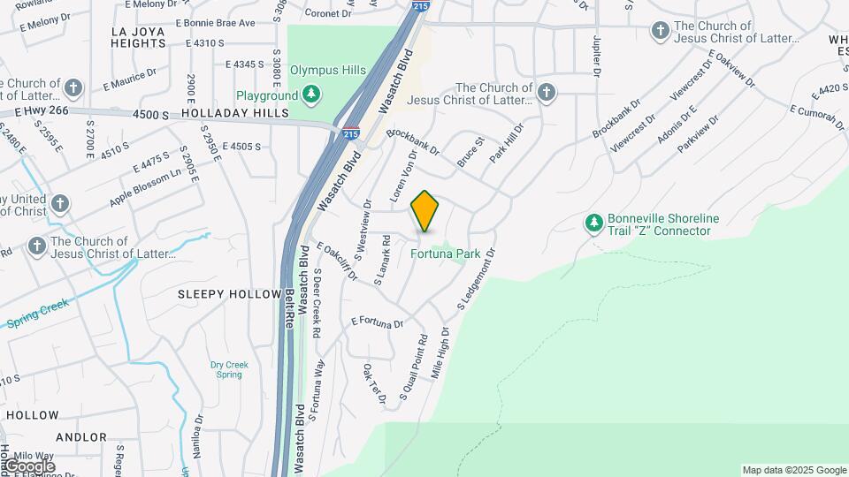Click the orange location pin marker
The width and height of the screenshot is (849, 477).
[x=425, y=211]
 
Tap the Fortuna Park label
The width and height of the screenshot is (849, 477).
[x=446, y=254]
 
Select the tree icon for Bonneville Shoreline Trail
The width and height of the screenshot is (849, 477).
[x=593, y=225]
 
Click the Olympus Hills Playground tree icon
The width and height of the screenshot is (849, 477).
[x=310, y=95]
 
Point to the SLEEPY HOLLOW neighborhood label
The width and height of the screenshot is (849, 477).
[x=229, y=293]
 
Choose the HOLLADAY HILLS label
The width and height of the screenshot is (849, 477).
[x=235, y=114]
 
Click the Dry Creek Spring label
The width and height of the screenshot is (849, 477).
[x=229, y=369]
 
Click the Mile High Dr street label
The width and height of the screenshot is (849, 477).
[x=440, y=353]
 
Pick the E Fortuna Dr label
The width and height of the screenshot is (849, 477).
[x=377, y=322]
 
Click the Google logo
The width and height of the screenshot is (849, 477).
[x=29, y=466]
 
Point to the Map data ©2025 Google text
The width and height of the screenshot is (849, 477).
[x=794, y=470]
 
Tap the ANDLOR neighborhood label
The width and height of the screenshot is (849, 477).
[x=81, y=437]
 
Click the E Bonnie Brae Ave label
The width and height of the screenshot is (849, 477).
[x=215, y=23]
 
